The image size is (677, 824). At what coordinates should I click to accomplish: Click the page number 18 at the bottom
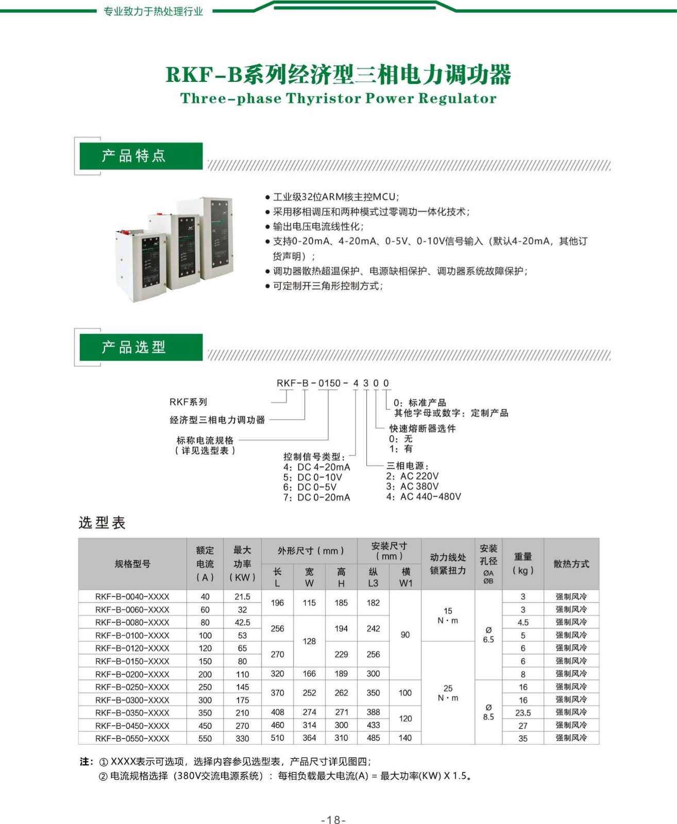(x=333, y=819)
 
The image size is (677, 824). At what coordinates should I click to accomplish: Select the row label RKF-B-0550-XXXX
(x=132, y=739)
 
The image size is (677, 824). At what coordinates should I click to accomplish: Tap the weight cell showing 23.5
(x=523, y=713)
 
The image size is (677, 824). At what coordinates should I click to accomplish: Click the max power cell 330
(x=242, y=739)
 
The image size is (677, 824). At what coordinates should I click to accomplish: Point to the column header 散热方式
(x=571, y=564)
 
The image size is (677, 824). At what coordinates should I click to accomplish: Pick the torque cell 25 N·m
(x=448, y=693)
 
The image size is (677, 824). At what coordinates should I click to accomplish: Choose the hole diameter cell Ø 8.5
(x=488, y=712)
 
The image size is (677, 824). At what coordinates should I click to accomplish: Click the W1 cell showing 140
(x=405, y=738)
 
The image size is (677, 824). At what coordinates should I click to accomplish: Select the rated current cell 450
(x=205, y=726)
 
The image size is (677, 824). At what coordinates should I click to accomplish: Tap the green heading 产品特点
(x=134, y=156)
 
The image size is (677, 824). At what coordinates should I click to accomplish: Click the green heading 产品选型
(x=134, y=347)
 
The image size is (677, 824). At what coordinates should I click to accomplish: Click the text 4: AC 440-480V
(x=424, y=496)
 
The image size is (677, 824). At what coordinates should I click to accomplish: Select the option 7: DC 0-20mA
(x=316, y=497)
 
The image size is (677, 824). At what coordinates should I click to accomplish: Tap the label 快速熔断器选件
(x=422, y=428)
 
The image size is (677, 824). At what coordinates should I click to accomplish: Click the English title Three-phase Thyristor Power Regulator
(x=338, y=98)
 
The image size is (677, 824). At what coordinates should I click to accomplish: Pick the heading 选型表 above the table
(x=102, y=523)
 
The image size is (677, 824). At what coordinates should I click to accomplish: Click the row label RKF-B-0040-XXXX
(x=132, y=597)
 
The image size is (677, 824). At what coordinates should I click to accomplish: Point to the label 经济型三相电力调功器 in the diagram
(x=217, y=420)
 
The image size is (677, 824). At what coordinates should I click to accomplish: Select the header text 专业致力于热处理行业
(x=154, y=11)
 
